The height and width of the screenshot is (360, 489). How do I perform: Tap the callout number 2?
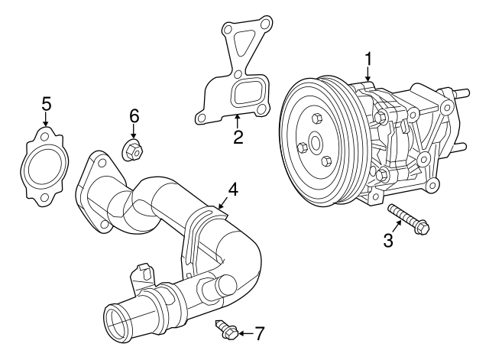coord(238,138)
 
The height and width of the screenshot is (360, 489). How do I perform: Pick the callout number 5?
coord(46,102)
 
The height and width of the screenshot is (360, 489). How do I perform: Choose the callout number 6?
coord(134,116)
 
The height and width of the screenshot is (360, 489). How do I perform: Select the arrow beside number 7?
coord(242,333)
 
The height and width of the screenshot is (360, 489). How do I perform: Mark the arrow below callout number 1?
coord(368,74)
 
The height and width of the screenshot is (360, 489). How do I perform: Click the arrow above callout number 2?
coord(238,121)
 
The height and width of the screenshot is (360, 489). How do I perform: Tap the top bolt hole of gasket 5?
coord(44,138)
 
